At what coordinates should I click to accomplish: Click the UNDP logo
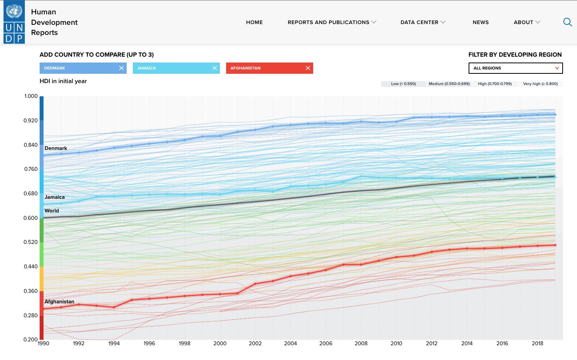(x=14, y=22)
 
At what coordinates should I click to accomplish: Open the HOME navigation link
(x=254, y=23)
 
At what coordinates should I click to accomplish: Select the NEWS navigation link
(x=481, y=23)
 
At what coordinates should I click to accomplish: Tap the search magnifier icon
(x=567, y=22)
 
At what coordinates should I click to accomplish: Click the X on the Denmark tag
(x=121, y=68)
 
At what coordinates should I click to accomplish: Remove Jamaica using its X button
(x=214, y=68)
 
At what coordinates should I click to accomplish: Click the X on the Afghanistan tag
(x=308, y=68)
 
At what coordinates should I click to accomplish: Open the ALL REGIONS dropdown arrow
(x=557, y=68)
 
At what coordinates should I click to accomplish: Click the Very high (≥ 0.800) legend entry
(x=540, y=84)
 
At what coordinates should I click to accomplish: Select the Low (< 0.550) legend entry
(x=403, y=84)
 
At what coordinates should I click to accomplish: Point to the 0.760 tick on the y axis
(x=31, y=169)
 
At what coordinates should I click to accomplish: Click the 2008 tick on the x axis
(x=361, y=343)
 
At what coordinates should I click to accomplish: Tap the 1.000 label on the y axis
(x=31, y=96)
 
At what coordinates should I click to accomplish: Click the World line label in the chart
(x=52, y=210)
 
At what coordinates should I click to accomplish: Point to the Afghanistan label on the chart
(x=59, y=301)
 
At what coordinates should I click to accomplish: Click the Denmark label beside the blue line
(x=56, y=148)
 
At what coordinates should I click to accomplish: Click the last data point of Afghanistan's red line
(x=555, y=245)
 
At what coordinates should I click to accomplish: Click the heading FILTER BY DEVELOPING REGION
(x=515, y=55)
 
